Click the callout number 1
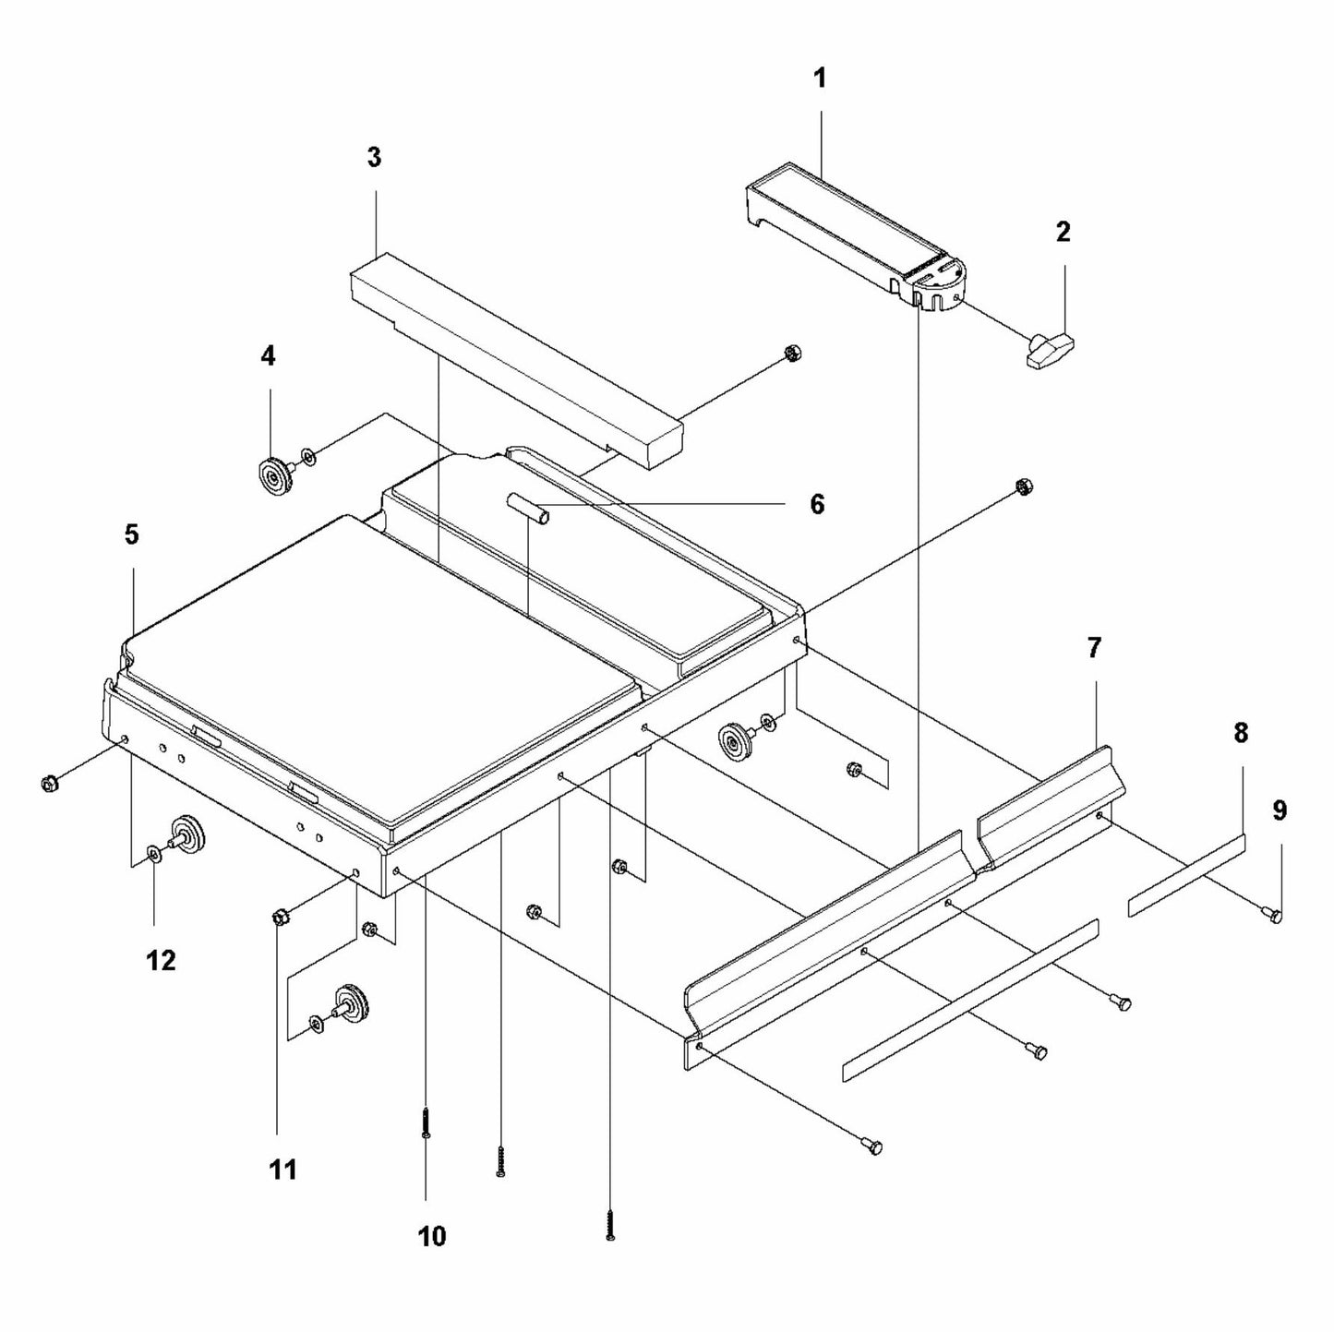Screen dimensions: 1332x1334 [820, 79]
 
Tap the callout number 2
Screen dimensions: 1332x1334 [1063, 232]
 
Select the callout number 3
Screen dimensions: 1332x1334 [373, 158]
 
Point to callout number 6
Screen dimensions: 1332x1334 [816, 505]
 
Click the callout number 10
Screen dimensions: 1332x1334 [431, 1235]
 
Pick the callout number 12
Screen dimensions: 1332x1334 [161, 961]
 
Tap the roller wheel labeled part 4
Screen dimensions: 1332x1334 [274, 476]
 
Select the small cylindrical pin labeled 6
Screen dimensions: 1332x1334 [529, 510]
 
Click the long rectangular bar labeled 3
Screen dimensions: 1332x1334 [517, 360]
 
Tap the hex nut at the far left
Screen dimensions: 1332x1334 [49, 784]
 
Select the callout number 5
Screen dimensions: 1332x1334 [131, 534]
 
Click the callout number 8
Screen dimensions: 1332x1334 [1240, 708]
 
